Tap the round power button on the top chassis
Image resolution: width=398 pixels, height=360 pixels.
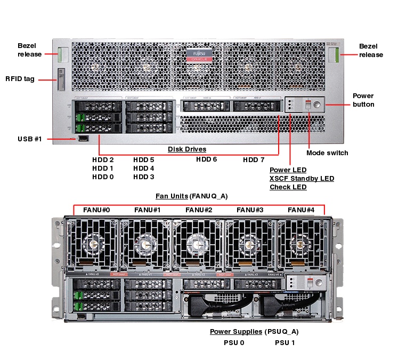point(318,104)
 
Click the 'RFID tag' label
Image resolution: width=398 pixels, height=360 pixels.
point(20,79)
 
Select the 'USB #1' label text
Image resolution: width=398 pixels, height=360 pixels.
point(29,139)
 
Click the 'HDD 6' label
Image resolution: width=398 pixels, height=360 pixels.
point(207,159)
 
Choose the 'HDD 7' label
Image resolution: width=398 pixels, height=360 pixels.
point(254,160)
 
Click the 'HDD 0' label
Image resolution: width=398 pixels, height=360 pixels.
point(103,177)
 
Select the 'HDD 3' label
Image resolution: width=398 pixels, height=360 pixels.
point(144,177)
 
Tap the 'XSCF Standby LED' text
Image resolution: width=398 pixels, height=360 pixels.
point(302,179)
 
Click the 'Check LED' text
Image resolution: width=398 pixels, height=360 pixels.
point(288,187)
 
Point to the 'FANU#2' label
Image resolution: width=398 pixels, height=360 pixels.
point(199,210)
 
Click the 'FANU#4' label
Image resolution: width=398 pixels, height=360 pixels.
point(301,210)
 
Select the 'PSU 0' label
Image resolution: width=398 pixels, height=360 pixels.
point(234,343)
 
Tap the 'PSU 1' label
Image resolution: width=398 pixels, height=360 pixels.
point(285,343)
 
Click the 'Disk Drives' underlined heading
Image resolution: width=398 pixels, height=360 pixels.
point(187,149)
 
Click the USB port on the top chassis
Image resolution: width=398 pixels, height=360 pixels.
point(83,139)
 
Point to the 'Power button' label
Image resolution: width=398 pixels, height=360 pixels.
point(363,100)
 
